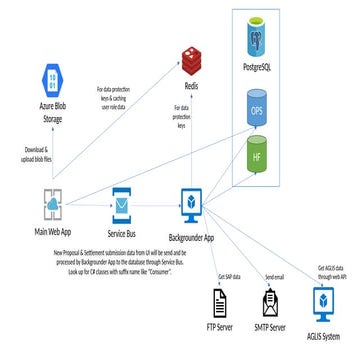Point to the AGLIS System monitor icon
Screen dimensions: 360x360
pos(322,303)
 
